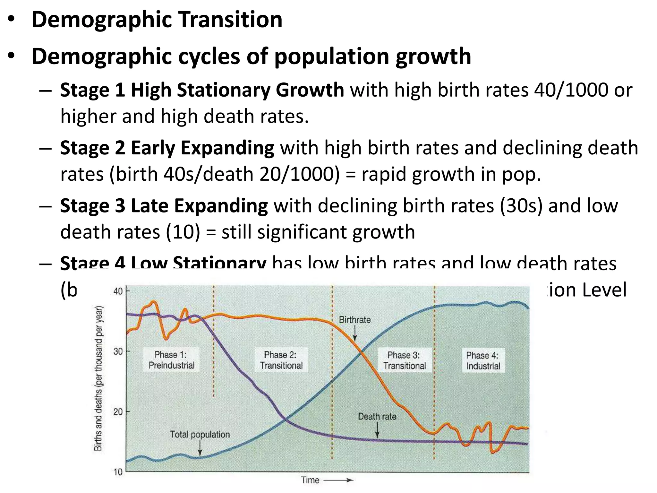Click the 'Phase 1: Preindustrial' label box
click(x=171, y=360)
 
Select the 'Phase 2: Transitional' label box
click(x=281, y=360)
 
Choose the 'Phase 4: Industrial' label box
click(x=483, y=360)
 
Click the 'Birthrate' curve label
click(x=354, y=320)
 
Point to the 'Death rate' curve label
click(x=377, y=417)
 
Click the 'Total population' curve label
click(x=200, y=434)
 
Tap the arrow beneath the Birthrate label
click(x=355, y=334)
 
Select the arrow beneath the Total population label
click(x=200, y=448)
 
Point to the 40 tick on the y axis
click(x=118, y=291)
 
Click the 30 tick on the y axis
click(x=118, y=351)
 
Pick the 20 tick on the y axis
click(x=118, y=411)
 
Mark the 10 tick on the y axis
click(x=118, y=472)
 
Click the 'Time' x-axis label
click(x=310, y=480)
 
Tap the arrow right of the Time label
click(x=338, y=480)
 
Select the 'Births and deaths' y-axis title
click(x=98, y=379)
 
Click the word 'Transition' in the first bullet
click(x=230, y=20)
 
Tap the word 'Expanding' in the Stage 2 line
click(x=227, y=148)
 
